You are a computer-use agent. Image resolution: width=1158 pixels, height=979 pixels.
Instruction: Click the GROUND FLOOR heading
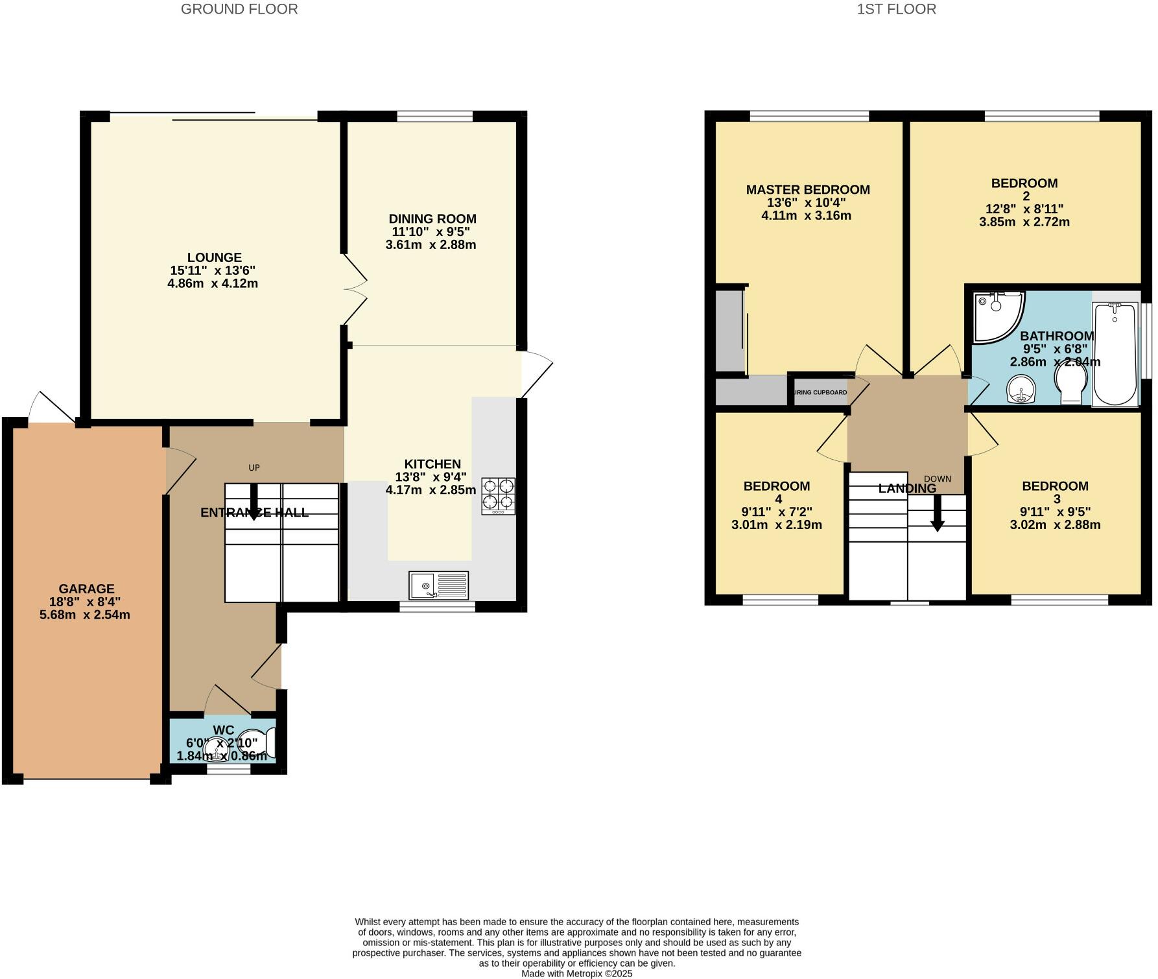point(239,9)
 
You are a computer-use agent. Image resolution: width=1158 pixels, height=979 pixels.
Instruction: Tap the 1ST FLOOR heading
point(897,9)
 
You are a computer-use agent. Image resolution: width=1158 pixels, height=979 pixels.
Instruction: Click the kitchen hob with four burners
point(498,496)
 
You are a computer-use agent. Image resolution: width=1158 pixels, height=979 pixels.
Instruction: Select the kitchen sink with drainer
point(438,585)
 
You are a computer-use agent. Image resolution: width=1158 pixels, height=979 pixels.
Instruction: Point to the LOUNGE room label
point(215,257)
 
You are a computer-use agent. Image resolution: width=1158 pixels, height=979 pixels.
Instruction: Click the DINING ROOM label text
point(432,219)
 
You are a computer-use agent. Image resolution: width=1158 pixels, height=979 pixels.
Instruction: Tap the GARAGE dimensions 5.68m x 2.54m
point(85,615)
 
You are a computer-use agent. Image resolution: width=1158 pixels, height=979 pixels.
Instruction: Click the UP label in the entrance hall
point(254,467)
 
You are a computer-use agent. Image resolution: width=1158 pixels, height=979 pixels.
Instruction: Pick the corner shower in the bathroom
point(997,314)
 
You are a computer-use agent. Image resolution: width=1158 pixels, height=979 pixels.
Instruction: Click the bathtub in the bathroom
point(1115,353)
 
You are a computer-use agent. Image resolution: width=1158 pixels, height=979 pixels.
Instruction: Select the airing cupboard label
point(820,392)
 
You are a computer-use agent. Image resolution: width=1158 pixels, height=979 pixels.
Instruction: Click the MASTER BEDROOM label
point(808,190)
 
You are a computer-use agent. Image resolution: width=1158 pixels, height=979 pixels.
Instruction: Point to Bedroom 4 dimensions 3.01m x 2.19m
point(776,525)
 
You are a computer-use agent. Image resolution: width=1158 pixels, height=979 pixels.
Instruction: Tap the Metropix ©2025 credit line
point(576,973)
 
